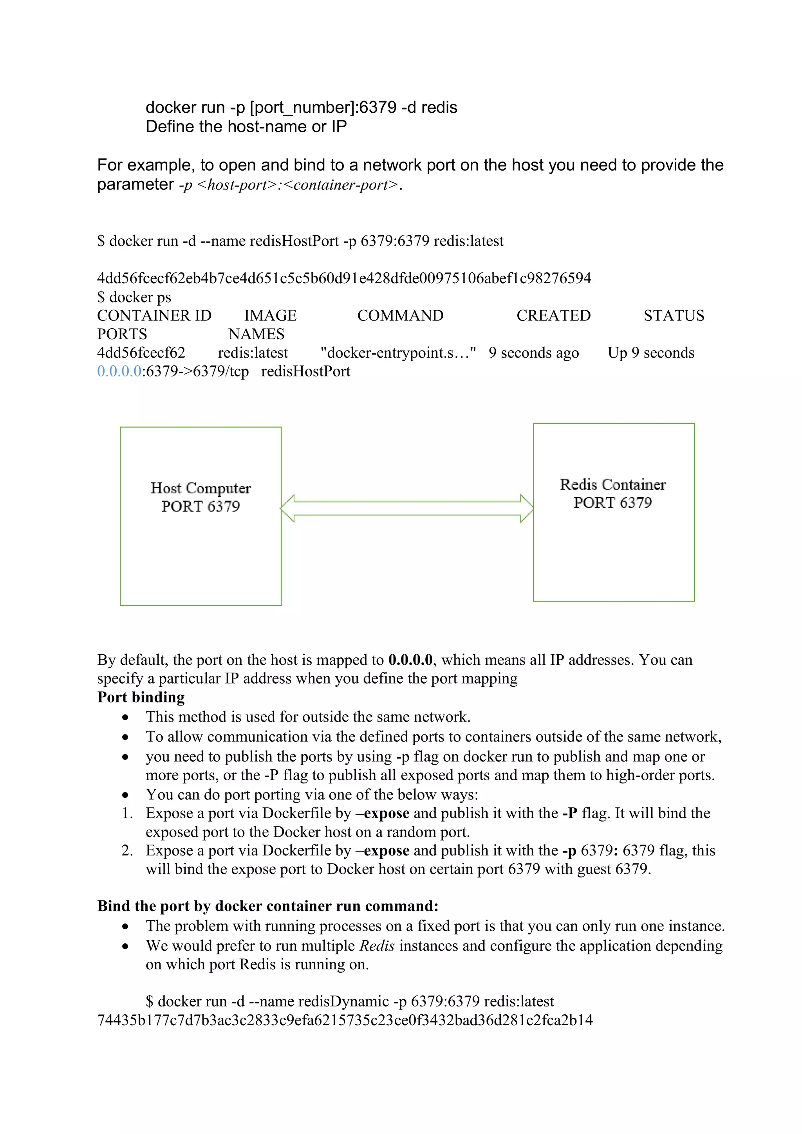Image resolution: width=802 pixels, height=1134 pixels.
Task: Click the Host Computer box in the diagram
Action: [x=200, y=516]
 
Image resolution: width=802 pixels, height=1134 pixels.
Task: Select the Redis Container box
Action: [x=613, y=512]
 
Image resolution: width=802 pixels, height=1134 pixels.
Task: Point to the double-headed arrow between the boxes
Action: [x=407, y=508]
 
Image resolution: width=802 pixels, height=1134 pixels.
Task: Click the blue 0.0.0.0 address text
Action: [x=119, y=371]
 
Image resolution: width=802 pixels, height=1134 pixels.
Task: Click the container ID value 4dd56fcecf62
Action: [x=141, y=353]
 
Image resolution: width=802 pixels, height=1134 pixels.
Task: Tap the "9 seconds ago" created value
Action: [x=534, y=353]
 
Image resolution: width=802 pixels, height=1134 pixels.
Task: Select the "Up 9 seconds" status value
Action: [x=651, y=353]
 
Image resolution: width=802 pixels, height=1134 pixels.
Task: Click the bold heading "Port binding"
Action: [x=141, y=697]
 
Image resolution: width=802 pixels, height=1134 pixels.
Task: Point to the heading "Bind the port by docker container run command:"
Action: [x=268, y=906]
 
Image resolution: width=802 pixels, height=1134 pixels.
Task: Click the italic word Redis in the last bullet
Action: [x=377, y=945]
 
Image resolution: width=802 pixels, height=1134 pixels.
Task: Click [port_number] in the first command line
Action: [x=302, y=107]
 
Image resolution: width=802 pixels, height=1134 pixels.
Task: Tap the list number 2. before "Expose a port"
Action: [x=127, y=851]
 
